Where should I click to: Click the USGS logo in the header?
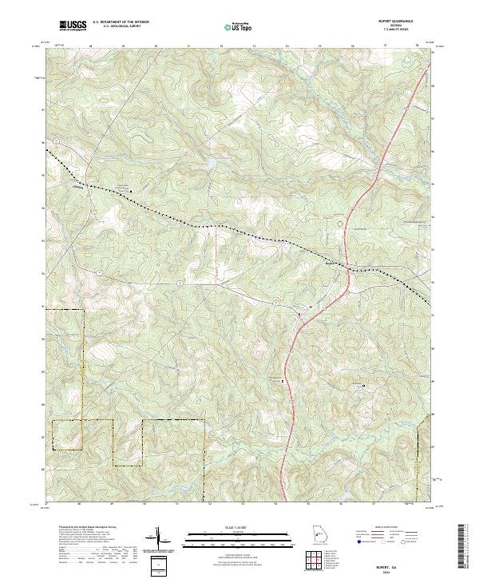73,26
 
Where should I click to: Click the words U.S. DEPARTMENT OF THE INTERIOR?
121,22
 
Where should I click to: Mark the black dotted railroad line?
200,223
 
